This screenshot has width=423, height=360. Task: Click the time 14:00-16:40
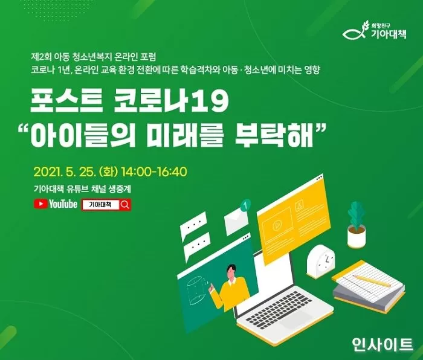click(x=154, y=171)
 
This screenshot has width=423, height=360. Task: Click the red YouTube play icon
click(x=41, y=204)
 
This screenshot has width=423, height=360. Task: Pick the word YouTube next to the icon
click(x=63, y=204)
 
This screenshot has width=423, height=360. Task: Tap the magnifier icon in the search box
click(x=125, y=205)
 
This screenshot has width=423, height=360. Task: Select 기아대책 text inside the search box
click(x=100, y=205)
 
